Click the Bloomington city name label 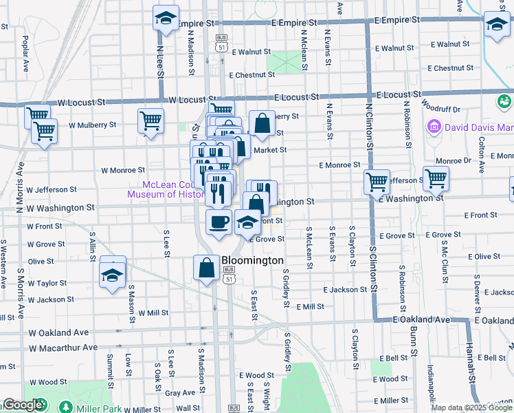point(253,261)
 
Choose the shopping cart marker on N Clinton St point(377,182)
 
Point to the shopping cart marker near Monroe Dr point(436,180)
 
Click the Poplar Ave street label point(26,54)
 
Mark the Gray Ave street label point(180,393)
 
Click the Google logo point(23,405)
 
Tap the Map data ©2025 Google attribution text point(471,407)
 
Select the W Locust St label point(81,102)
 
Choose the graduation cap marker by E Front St point(247,222)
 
